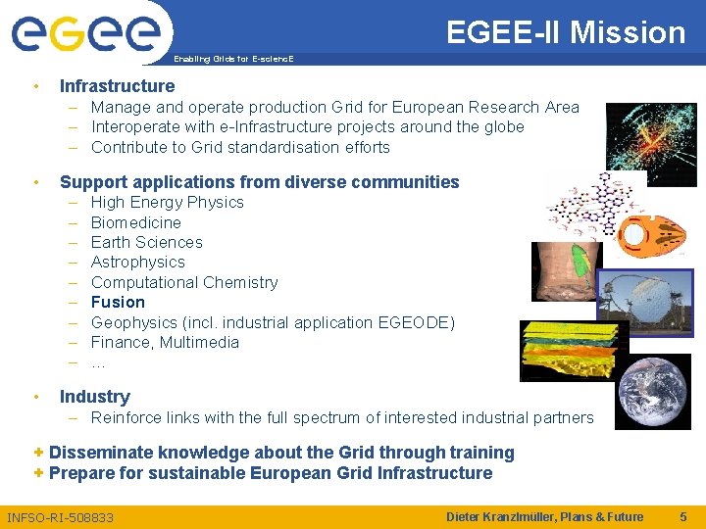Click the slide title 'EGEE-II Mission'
coord(566,32)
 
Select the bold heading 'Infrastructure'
coord(117,86)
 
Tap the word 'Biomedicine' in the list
coord(135,222)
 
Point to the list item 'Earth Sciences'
coord(146,242)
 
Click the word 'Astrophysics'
coord(137,262)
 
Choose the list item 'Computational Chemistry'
coord(183,282)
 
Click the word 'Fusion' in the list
coord(118,302)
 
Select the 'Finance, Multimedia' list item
coord(165,342)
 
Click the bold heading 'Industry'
coord(94,397)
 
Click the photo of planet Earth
coord(655,392)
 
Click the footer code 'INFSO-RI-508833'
coord(60,517)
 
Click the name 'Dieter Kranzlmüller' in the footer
coord(505,516)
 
